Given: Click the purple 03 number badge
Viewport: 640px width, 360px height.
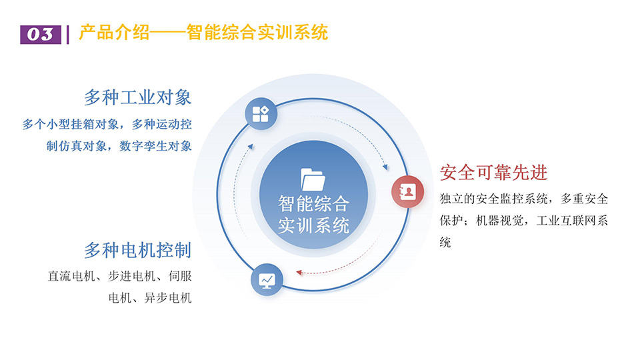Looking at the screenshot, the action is click(x=41, y=34).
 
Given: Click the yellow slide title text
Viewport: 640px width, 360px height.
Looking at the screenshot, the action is click(x=203, y=33).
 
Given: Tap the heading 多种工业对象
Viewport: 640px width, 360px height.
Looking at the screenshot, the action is click(x=138, y=97).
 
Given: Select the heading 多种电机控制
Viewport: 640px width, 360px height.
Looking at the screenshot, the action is click(x=138, y=250).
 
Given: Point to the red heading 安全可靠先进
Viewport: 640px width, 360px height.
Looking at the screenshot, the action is click(x=493, y=173).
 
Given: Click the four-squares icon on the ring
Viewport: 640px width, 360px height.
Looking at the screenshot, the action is click(x=261, y=114).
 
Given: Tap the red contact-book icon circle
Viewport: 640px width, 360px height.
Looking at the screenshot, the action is click(x=407, y=191).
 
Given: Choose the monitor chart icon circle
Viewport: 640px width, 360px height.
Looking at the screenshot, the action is click(x=267, y=280).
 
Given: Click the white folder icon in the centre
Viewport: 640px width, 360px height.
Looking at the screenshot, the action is click(x=313, y=179).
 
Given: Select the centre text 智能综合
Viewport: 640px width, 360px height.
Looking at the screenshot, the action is click(x=313, y=203).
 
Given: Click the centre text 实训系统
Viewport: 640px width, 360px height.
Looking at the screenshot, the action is click(x=313, y=225).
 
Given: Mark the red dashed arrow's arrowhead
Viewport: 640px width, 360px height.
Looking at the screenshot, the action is click(x=299, y=272).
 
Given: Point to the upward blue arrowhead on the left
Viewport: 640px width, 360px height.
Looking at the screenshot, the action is click(x=251, y=146).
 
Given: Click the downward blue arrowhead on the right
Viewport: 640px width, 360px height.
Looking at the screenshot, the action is click(x=385, y=167).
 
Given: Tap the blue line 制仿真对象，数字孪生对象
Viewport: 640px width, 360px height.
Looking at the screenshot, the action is click(x=119, y=146).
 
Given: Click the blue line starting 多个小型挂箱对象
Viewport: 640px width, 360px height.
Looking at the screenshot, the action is click(x=107, y=124).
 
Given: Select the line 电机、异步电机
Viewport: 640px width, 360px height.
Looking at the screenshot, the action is click(x=150, y=297).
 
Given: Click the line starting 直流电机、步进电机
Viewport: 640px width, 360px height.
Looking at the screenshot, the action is click(x=119, y=276).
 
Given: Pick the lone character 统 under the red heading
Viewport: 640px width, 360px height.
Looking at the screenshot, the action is click(x=445, y=242).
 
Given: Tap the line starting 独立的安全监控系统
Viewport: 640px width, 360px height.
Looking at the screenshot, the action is click(x=524, y=199).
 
